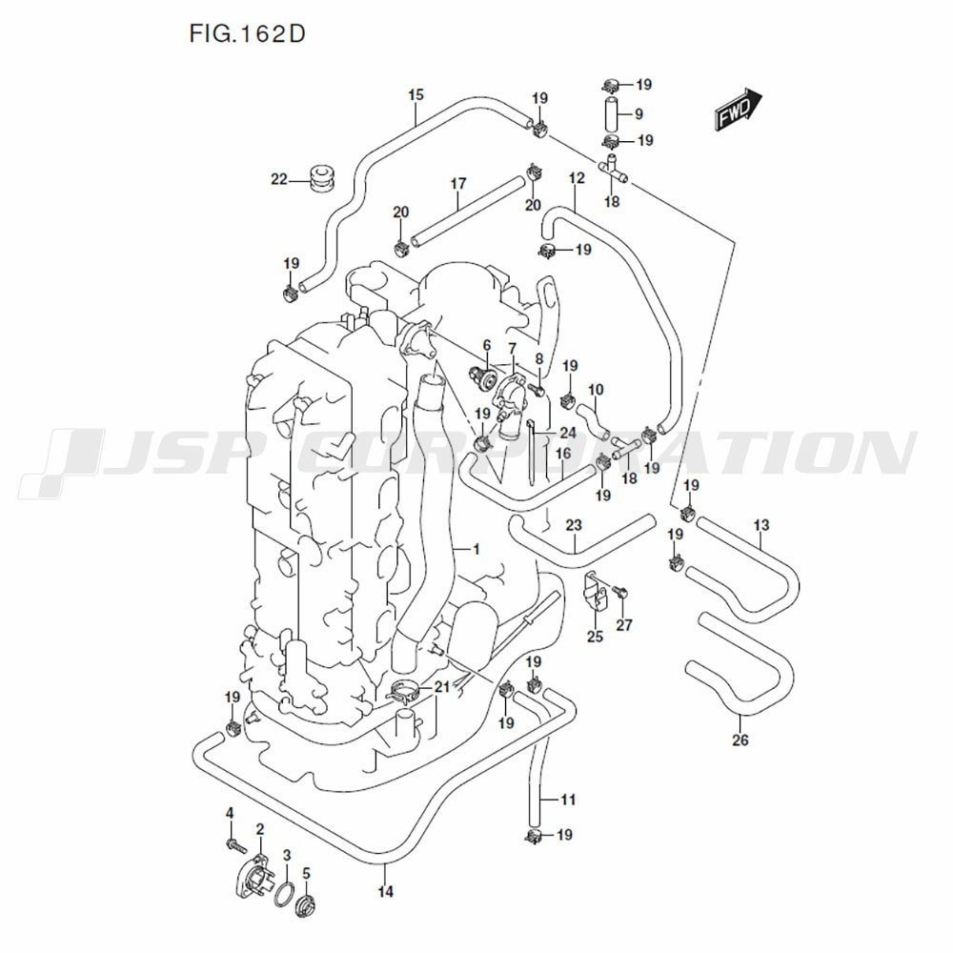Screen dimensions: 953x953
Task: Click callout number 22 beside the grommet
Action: pos(278,178)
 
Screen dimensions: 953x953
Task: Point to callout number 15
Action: pos(416,94)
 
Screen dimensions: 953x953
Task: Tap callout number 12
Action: pos(576,178)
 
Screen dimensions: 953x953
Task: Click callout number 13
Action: pos(760,525)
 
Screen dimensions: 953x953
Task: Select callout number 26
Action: pos(740,740)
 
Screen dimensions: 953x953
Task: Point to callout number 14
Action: pos(385,892)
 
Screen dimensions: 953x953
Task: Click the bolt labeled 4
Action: pos(232,843)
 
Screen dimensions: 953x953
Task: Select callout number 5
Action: pos(306,872)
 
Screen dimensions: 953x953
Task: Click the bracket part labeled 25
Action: pos(597,590)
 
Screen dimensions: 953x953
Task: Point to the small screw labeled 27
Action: pos(620,593)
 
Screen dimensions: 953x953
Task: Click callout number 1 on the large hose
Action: pos(476,549)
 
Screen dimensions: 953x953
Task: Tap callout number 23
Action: pos(574,525)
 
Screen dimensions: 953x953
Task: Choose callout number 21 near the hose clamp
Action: pos(440,687)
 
